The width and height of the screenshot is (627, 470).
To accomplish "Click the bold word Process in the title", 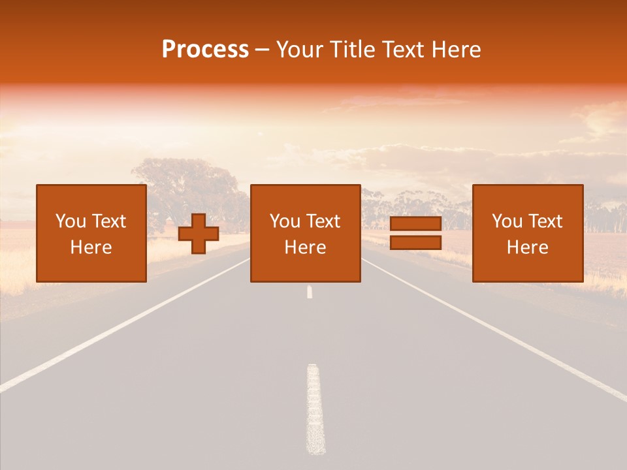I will click(205, 50).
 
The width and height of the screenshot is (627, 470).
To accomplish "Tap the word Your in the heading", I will click(300, 50).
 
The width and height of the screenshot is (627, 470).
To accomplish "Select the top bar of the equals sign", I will click(415, 224).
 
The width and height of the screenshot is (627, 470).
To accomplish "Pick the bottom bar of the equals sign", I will click(415, 243).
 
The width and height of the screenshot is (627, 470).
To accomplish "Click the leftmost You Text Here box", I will click(91, 233).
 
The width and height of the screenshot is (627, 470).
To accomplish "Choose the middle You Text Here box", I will click(305, 233).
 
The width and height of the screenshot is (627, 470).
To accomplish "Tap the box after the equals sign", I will click(527, 233).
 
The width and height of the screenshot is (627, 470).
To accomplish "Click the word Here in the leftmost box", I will click(91, 247).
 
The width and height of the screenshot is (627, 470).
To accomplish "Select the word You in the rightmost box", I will click(507, 221).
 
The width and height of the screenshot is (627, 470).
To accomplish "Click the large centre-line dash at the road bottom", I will click(315, 408).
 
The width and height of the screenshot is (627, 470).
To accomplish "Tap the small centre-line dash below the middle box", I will click(310, 292).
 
